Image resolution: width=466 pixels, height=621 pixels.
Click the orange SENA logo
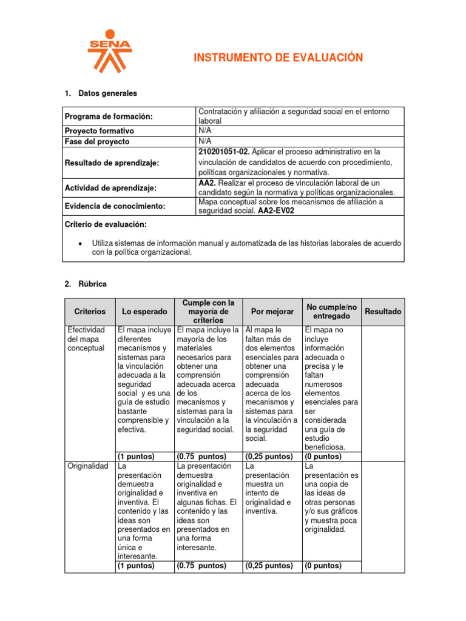(109, 50)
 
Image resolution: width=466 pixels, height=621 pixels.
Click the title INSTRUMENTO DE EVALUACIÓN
(278, 58)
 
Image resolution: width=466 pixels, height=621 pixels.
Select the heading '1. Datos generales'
(101, 93)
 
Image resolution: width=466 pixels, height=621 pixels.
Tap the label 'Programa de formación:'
(109, 116)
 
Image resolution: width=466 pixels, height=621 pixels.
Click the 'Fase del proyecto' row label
(97, 141)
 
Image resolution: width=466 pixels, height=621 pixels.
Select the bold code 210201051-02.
(224, 151)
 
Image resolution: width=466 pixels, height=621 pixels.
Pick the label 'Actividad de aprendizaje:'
(110, 188)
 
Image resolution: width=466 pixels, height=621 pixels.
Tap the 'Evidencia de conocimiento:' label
(115, 206)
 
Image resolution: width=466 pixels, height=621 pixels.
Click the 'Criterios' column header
(89, 311)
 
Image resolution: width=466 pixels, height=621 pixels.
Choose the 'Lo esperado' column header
(144, 311)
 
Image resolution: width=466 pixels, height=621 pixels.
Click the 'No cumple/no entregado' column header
(331, 311)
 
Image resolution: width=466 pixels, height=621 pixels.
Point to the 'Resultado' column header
(383, 311)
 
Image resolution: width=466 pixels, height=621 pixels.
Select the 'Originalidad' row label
(86, 466)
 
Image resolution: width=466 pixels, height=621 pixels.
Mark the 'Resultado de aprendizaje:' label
(111, 163)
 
